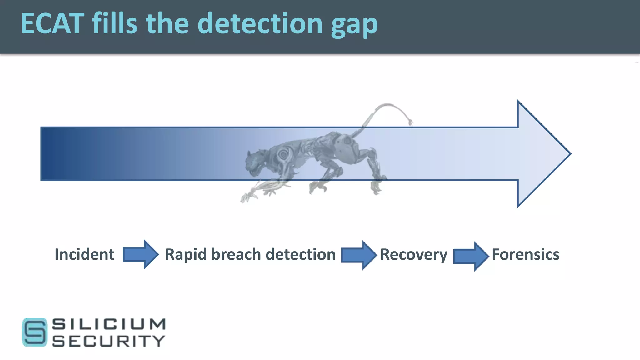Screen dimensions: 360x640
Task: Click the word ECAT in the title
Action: pos(52,24)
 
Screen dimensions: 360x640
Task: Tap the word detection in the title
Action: pos(260,24)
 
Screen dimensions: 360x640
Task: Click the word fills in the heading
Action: pos(114,24)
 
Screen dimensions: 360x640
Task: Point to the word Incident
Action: pos(84,254)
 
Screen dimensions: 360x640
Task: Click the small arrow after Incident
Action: pos(140,254)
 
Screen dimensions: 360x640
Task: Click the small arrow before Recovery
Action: pos(359,255)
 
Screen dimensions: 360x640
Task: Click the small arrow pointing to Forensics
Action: pos(471,256)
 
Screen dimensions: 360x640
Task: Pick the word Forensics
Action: pos(525,254)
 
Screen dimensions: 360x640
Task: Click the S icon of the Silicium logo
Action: pos(34,332)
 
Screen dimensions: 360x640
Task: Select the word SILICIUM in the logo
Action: pos(108,324)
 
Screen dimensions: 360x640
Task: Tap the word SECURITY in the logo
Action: pos(108,341)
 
